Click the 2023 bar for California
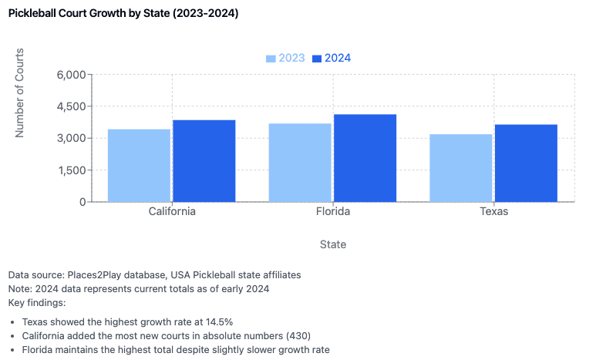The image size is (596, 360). (139, 165)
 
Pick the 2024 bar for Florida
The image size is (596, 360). (365, 157)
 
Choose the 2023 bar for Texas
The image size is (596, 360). (460, 167)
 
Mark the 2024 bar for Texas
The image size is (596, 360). (525, 163)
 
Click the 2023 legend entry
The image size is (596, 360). (285, 59)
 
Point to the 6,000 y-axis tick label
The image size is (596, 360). (72, 75)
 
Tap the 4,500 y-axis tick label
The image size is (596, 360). (72, 106)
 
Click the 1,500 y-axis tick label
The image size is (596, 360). (72, 170)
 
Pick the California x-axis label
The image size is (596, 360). (171, 211)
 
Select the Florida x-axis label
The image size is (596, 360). (333, 211)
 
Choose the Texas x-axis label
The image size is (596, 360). (493, 211)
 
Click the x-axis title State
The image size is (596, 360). (333, 244)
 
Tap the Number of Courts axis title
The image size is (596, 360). (20, 93)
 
